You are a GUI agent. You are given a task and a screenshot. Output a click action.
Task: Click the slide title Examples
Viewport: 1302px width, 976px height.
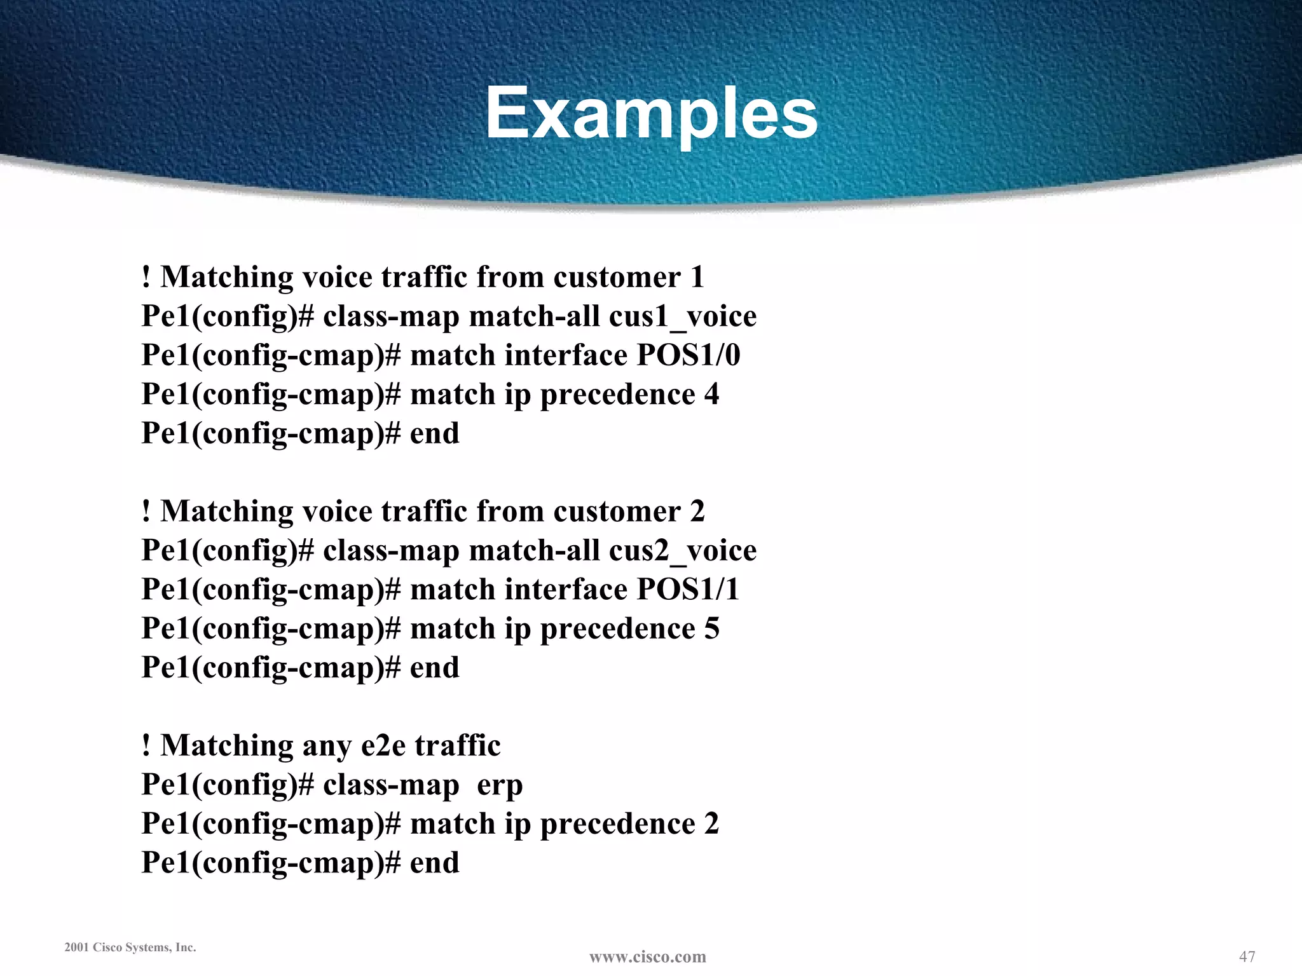651,113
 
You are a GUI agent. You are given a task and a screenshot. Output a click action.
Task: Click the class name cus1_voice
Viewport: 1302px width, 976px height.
683,316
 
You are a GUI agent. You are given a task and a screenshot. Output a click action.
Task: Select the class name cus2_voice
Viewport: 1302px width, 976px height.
683,550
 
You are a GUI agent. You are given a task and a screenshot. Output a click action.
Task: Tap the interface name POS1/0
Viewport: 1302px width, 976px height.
689,355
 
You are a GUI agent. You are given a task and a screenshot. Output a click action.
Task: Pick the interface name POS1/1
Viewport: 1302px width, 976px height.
688,589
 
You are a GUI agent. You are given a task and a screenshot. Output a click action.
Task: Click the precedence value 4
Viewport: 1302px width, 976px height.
711,394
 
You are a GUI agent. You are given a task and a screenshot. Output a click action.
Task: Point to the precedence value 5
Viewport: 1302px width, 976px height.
711,628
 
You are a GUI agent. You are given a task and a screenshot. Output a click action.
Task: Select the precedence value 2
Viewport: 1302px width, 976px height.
711,823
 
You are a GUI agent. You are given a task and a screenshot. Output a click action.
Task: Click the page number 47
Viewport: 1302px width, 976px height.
1247,956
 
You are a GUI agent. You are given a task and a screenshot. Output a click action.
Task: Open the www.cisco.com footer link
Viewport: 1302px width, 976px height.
647,957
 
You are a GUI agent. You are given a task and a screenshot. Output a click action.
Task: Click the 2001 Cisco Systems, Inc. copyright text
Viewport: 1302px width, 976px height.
130,947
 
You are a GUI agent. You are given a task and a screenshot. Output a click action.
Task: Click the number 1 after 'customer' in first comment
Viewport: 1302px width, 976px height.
697,277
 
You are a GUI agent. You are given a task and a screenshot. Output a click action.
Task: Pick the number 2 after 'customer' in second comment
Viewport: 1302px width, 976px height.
697,512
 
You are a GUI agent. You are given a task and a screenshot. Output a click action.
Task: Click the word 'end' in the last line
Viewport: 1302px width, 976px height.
434,863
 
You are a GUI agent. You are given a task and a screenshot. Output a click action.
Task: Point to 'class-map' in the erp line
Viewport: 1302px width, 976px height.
391,785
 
